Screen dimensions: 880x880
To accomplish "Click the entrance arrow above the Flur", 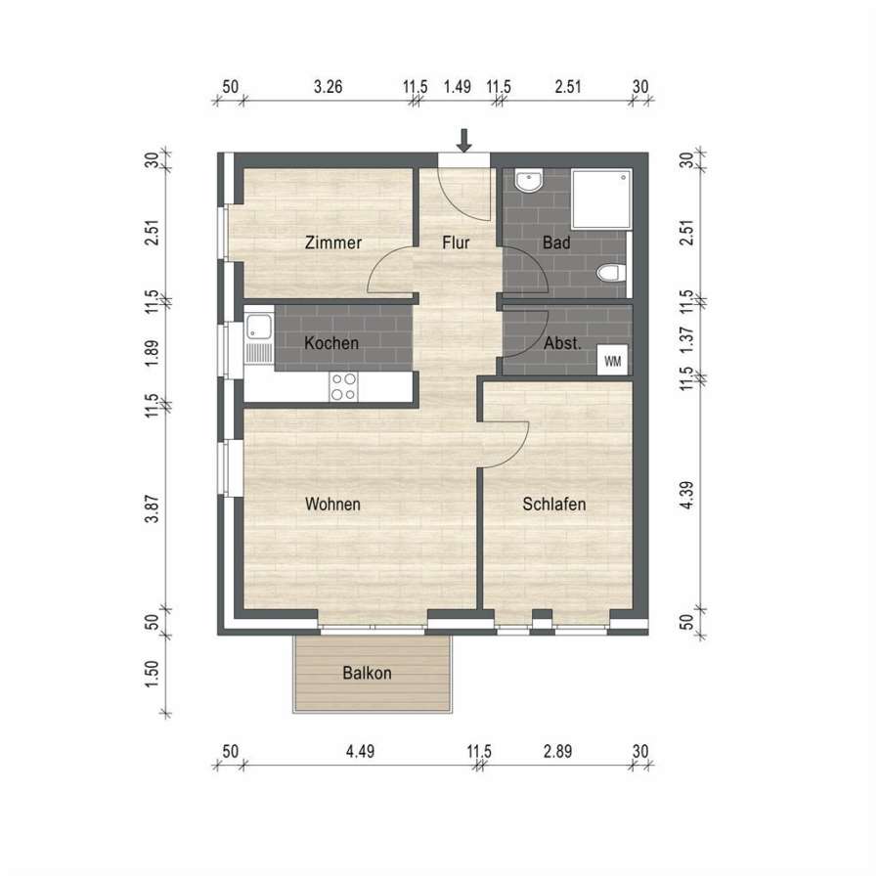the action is tap(463, 140).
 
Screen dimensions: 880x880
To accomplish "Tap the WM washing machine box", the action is tap(612, 361).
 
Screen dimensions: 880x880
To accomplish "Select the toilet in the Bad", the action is tap(608, 274).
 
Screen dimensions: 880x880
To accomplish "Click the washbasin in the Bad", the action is tap(528, 181).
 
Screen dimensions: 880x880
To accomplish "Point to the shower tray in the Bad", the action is tap(601, 199).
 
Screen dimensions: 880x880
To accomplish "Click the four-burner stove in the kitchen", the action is tap(343, 386).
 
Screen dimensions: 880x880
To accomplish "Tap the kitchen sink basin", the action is tap(259, 327).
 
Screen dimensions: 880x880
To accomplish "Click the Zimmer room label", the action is tap(332, 242).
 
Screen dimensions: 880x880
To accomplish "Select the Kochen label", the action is tap(331, 343).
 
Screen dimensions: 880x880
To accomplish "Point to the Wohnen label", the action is tap(332, 504).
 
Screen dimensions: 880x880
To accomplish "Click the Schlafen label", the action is tap(554, 504).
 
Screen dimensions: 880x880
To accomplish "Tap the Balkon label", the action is tap(367, 673).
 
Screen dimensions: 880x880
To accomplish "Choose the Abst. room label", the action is tap(562, 343).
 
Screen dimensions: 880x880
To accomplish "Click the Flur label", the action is tap(456, 242).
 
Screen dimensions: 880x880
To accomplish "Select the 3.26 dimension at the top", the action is tap(328, 87).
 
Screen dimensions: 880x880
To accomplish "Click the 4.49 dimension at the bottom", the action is tap(360, 751).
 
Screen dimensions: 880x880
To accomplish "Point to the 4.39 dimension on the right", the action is tap(686, 495).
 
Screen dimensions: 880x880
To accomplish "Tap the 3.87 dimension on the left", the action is tap(152, 508).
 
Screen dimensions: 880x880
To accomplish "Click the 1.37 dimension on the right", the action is tap(686, 340).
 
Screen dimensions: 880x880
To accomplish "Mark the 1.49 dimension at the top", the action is tap(457, 87).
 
